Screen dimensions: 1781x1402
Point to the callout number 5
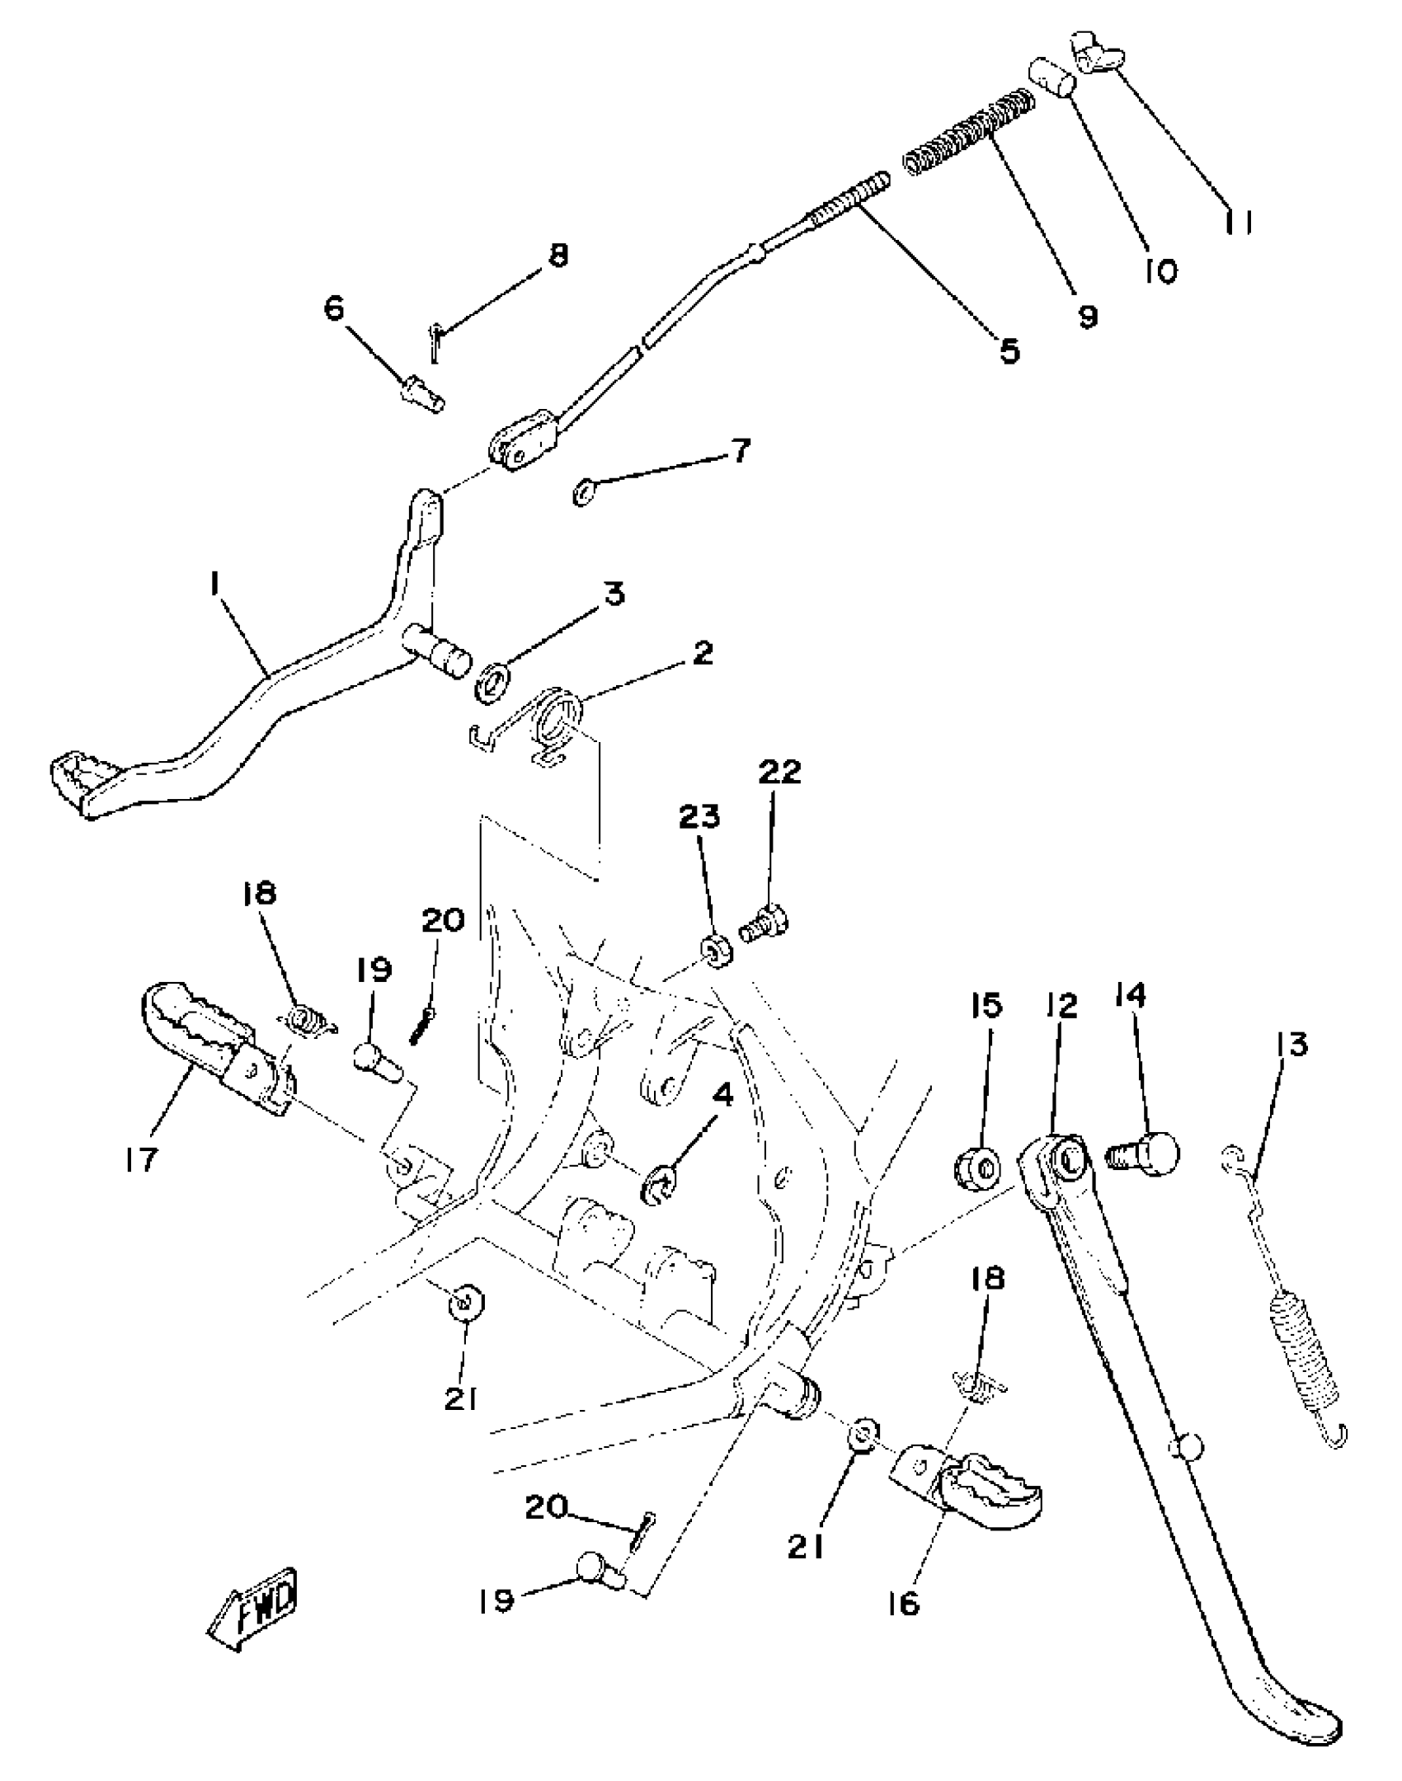(x=1009, y=351)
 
